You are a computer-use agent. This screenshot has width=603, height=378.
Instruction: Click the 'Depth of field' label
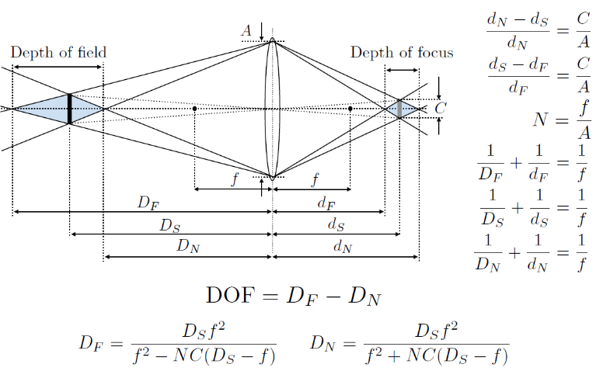click(x=58, y=52)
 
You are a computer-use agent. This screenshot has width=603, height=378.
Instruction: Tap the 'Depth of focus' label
click(x=402, y=53)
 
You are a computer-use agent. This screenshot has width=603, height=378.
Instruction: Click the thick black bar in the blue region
click(x=69, y=109)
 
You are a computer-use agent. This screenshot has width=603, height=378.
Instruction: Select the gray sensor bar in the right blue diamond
click(x=399, y=109)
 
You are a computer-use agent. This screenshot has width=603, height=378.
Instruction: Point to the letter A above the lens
click(x=246, y=30)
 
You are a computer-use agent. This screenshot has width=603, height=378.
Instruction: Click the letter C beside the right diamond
click(x=441, y=109)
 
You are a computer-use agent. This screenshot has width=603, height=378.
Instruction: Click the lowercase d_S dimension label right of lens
click(x=336, y=225)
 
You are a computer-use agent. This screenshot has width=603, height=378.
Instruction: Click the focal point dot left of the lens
click(x=194, y=108)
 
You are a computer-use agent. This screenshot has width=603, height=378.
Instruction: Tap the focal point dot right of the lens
click(x=350, y=108)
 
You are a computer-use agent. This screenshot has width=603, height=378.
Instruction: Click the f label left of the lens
click(x=235, y=180)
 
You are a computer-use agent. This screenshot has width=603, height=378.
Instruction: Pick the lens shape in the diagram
click(x=272, y=109)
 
